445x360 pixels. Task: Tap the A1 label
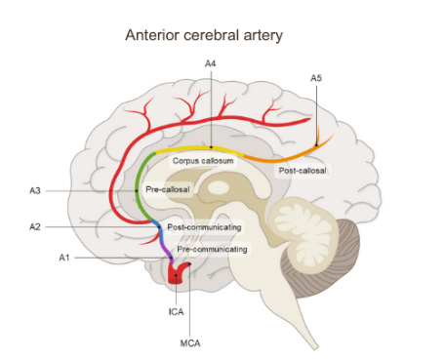64,258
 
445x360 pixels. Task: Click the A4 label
210,64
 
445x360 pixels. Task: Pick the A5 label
315,77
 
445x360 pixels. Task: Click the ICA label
177,311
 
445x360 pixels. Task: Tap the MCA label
189,341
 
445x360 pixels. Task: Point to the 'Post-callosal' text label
303,171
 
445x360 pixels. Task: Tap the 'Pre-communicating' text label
212,250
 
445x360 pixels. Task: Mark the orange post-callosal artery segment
293,151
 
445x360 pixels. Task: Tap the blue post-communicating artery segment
158,230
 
